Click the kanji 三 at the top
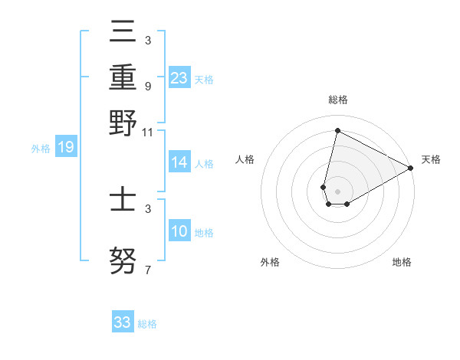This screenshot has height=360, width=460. click(123, 33)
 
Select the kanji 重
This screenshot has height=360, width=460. click(123, 78)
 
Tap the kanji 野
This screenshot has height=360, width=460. click(123, 124)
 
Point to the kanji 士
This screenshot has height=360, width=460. click(123, 201)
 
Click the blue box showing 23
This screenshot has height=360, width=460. click(179, 78)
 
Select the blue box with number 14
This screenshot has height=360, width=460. click(179, 162)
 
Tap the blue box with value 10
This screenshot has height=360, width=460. click(179, 231)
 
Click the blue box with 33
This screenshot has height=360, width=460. click(123, 322)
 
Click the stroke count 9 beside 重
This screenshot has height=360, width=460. click(147, 87)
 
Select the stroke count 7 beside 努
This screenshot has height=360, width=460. click(147, 270)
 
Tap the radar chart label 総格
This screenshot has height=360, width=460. click(337, 100)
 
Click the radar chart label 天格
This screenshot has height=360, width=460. click(431, 159)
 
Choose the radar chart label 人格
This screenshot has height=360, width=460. click(245, 159)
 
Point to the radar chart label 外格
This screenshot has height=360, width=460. click(269, 262)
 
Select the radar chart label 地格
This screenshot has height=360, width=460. click(402, 262)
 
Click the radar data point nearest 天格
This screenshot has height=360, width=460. click(411, 168)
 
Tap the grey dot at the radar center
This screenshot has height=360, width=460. click(337, 191)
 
